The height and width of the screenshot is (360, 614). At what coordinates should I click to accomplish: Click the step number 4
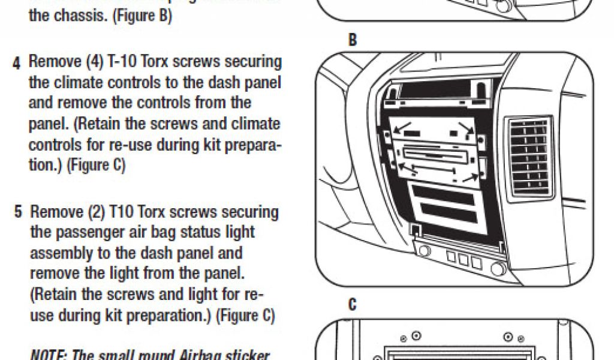17,62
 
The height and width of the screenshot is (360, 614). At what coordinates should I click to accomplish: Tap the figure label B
353,41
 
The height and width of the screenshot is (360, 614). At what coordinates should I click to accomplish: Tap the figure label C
353,305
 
